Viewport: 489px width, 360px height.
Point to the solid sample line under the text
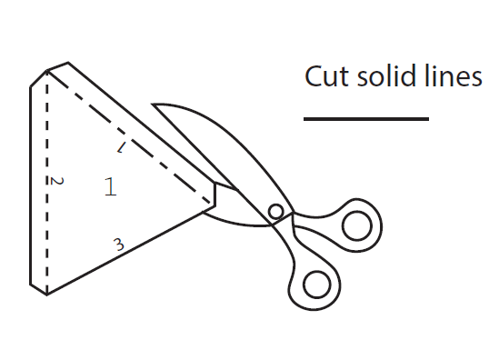pyautogui.click(x=365, y=118)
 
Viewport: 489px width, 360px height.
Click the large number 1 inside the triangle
pyautogui.click(x=110, y=187)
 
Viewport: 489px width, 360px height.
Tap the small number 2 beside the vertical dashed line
pyautogui.click(x=56, y=181)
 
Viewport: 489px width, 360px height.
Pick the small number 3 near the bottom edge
pyautogui.click(x=117, y=244)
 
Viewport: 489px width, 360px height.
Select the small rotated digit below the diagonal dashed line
pyautogui.click(x=121, y=146)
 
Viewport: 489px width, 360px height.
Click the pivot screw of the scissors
pyautogui.click(x=276, y=213)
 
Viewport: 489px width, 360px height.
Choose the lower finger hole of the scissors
pyautogui.click(x=316, y=284)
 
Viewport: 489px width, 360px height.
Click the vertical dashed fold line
pyautogui.click(x=47, y=182)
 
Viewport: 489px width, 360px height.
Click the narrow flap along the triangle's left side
pyautogui.click(x=38, y=182)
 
